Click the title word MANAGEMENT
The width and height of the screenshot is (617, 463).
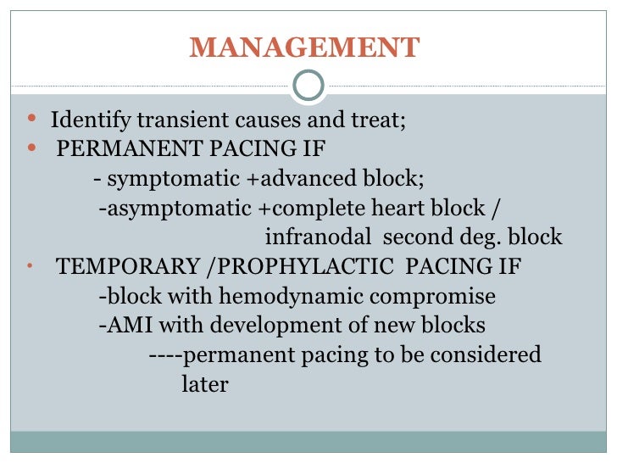tap(304, 47)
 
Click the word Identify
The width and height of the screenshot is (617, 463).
tap(91, 120)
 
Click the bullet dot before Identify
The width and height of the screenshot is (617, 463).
tap(32, 118)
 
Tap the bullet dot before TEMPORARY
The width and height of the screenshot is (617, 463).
tap(30, 265)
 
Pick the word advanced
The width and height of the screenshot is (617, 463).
tap(308, 178)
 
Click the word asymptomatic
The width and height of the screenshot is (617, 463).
tap(179, 209)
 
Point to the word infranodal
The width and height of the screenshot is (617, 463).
tap(318, 237)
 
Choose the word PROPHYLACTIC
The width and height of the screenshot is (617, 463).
tap(305, 266)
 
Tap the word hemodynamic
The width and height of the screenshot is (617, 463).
tap(292, 296)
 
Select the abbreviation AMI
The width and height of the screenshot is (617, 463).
tap(130, 326)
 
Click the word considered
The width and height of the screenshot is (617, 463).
tap(486, 354)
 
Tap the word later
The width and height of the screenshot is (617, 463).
tap(205, 384)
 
